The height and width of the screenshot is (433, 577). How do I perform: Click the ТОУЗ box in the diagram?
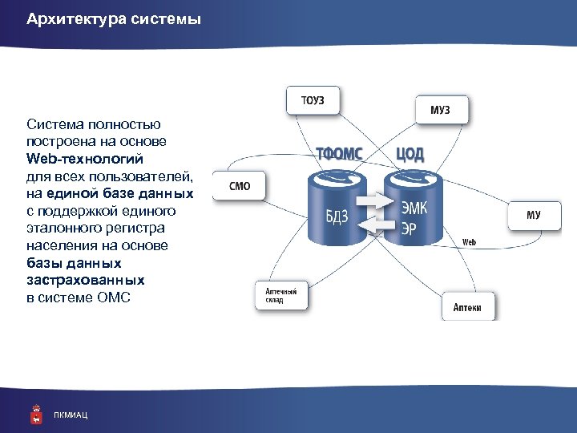(313, 101)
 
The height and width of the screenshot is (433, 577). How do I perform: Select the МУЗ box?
(440, 110)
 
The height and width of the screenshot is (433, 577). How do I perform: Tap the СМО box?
(240, 186)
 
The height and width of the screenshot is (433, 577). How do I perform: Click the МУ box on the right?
(533, 215)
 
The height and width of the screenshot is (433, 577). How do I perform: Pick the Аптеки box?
(468, 307)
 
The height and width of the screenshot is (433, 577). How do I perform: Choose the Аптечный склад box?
(281, 296)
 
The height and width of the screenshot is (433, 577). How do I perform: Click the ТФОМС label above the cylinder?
(339, 153)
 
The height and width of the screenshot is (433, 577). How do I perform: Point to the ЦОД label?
(410, 153)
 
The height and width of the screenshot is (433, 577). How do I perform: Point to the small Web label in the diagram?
(470, 241)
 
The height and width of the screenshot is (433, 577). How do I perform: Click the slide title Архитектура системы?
(113, 18)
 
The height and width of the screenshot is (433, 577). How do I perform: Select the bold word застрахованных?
(86, 280)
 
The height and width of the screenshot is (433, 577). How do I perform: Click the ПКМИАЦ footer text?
(71, 415)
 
